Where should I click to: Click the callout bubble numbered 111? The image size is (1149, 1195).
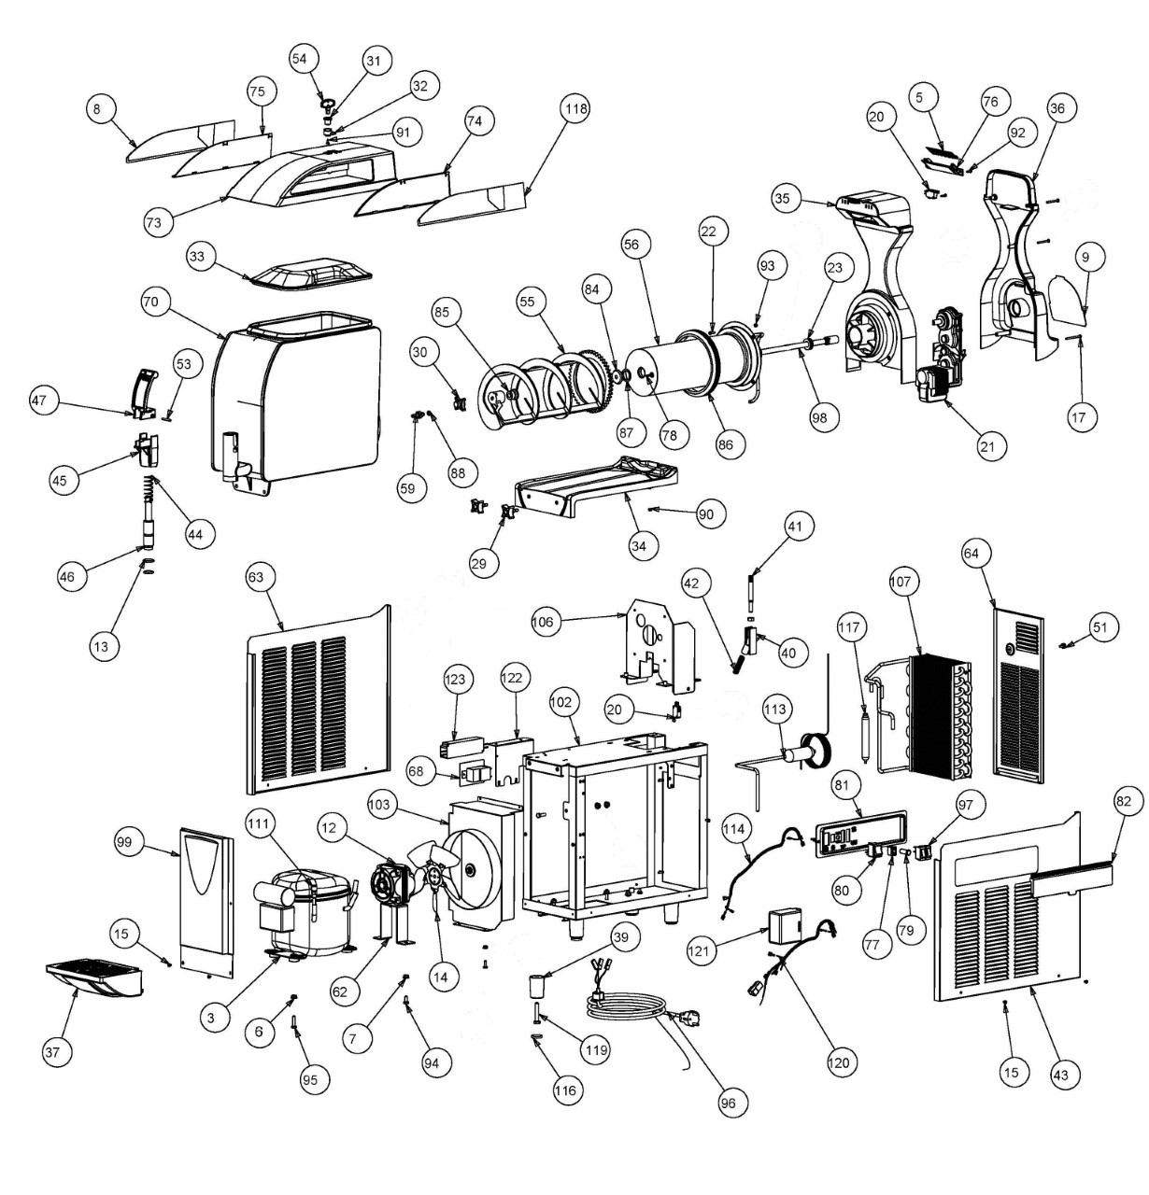261,824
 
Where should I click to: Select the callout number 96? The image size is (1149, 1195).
729,1103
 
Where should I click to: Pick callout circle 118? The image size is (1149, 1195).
575,110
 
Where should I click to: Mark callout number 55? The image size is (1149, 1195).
528,302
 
